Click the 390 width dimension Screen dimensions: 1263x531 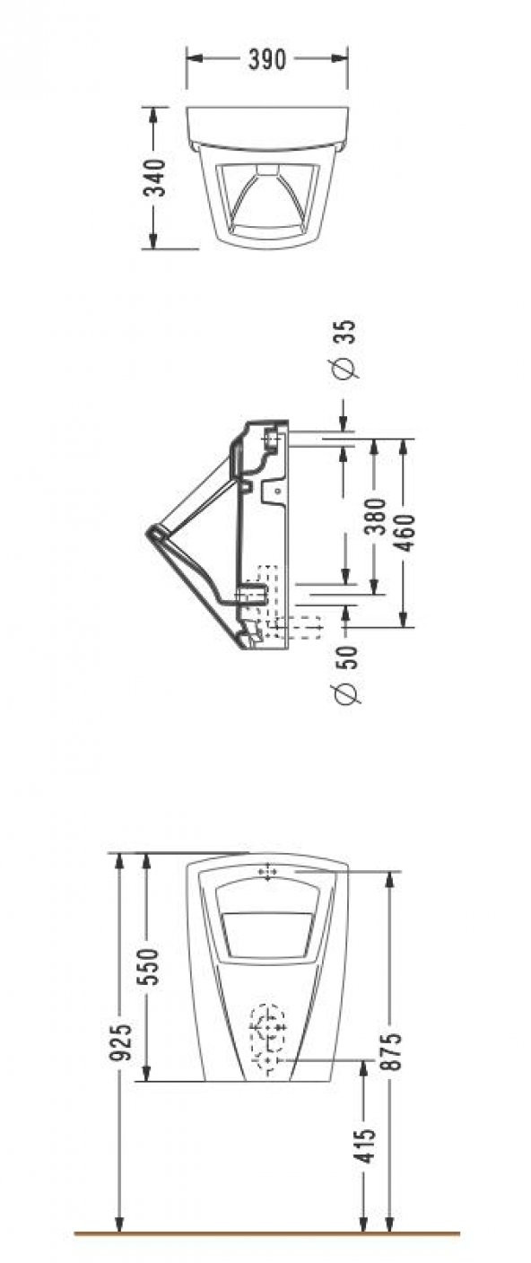(x=267, y=60)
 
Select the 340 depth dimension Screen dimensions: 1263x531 (x=154, y=177)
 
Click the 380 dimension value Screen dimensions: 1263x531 (x=376, y=517)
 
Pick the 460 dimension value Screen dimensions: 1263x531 (x=405, y=533)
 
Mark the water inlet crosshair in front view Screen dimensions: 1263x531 (x=267, y=871)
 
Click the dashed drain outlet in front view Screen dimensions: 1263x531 (x=267, y=1041)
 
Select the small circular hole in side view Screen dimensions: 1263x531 (x=276, y=492)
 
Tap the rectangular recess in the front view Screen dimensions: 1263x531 (x=266, y=933)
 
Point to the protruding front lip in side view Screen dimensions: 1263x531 (x=152, y=535)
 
